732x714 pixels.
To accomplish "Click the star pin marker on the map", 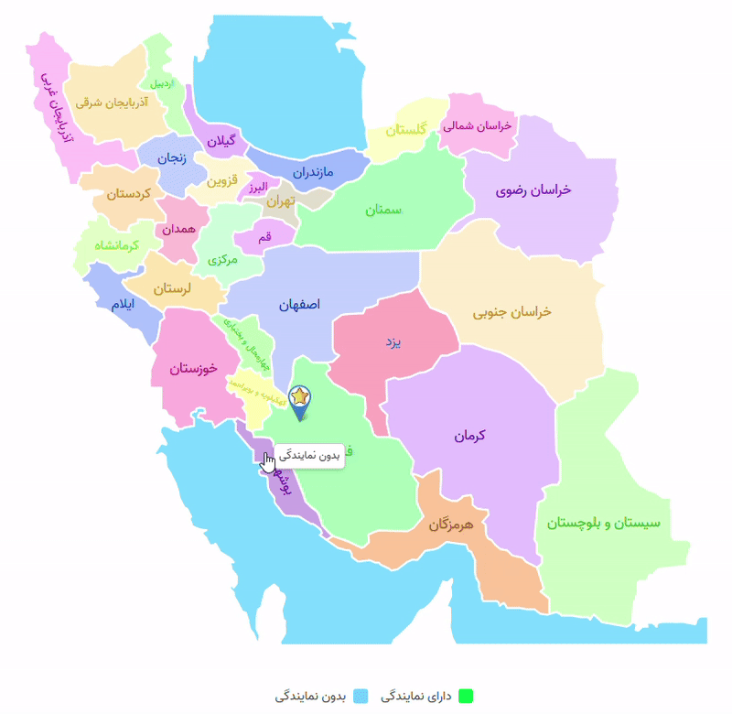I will point(299,397).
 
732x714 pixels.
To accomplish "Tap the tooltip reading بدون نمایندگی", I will point(308,455).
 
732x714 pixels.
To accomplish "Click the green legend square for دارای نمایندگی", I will point(467,696).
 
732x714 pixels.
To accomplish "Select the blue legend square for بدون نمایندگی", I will point(360,696).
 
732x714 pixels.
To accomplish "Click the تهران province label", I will point(280,200).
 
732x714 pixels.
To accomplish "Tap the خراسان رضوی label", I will point(533,189).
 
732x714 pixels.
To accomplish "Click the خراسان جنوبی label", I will point(511,312).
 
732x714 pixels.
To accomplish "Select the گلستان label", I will point(406,130).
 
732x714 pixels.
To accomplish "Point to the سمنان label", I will point(384,210).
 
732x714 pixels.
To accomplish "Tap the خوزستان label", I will point(193,368).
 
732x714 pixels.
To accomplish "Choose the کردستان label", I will point(128,194).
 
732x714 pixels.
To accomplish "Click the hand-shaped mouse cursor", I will point(267,462).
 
